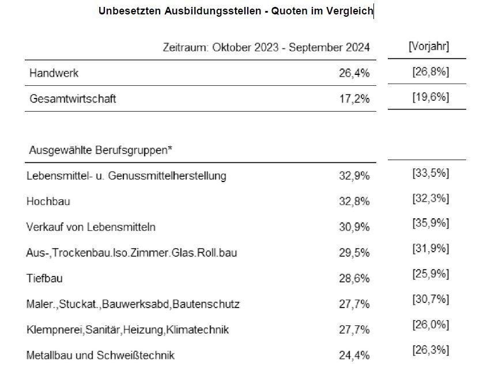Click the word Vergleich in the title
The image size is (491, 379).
coord(349,12)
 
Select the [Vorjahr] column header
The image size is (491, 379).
coord(429,46)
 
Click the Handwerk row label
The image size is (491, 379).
coord(54,73)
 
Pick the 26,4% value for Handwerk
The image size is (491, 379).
coord(354,73)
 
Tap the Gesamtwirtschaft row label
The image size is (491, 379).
coord(73,99)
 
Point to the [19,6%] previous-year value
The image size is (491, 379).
coord(430,97)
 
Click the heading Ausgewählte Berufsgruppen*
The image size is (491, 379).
coord(100,150)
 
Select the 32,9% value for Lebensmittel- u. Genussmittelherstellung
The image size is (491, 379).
coord(354,176)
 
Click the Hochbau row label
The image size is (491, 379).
coord(48,201)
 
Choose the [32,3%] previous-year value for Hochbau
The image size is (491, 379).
coord(430,198)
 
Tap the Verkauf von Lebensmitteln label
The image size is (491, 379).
coord(91,227)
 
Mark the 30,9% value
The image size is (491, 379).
coord(354,227)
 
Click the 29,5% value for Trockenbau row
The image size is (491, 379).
coord(354,252)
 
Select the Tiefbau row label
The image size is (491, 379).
coord(44,278)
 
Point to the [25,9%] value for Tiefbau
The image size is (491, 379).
coord(430,274)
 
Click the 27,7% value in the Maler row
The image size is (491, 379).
coord(354,304)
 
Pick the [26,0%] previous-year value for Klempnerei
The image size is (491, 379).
coord(430,325)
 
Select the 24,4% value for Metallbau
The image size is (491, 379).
coord(354,355)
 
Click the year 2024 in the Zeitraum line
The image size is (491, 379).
coord(358,48)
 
